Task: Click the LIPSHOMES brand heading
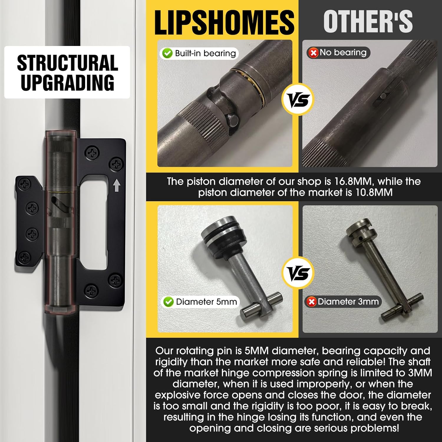coord(224,22)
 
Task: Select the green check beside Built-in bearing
coord(167,53)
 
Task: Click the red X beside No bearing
coord(314,53)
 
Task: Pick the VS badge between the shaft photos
coord(298,99)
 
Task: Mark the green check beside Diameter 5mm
coord(168,302)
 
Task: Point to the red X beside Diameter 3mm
coord(311,301)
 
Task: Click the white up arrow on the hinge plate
coord(117,186)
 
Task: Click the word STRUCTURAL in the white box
coord(67,63)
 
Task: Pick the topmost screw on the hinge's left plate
coord(24,184)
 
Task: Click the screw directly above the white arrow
coord(116,164)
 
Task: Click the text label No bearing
coord(343,52)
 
